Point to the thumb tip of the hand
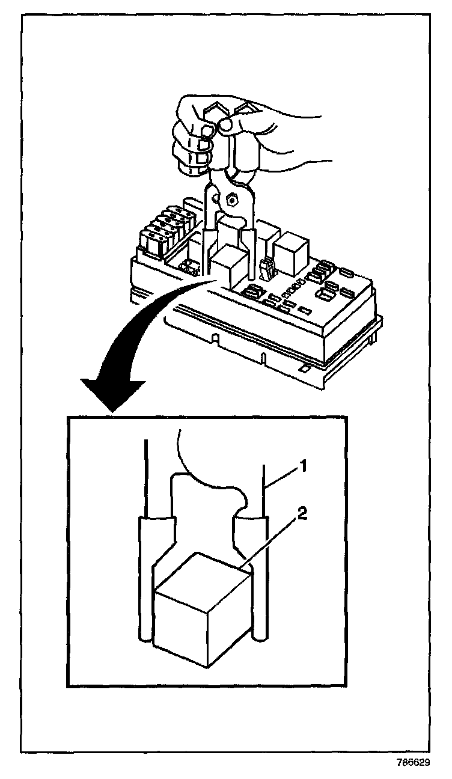pyautogui.click(x=226, y=125)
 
